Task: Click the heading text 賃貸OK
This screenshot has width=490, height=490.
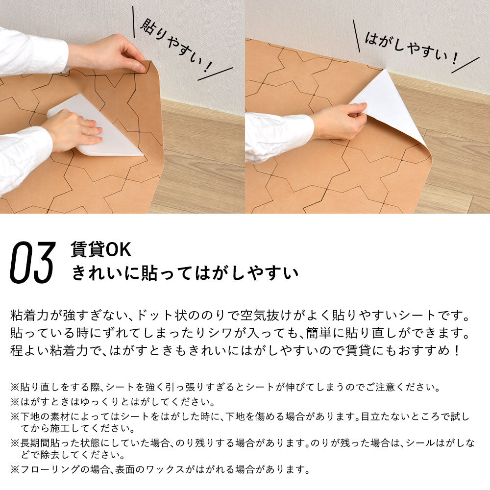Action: (x=100, y=250)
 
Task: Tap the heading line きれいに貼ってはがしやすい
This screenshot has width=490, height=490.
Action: (x=185, y=273)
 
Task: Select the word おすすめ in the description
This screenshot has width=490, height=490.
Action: (x=421, y=351)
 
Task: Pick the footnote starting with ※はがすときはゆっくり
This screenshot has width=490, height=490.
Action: (x=113, y=403)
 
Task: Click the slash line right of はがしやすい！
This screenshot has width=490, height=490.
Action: (x=465, y=65)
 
